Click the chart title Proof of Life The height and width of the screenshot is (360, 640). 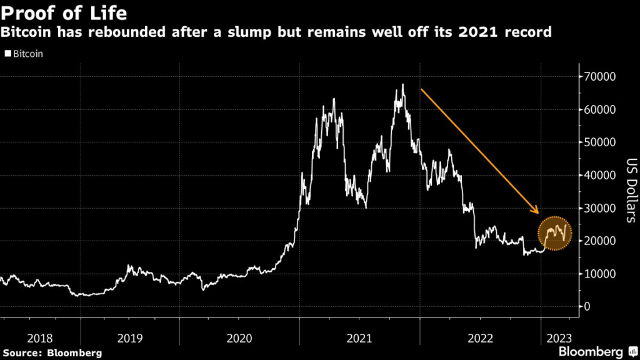point(66,13)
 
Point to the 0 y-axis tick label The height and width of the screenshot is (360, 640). point(587,307)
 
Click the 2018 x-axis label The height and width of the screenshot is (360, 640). point(41,338)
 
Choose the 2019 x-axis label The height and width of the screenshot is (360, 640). point(130,338)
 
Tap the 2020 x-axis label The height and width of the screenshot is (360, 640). point(239,338)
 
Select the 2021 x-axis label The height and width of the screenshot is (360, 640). point(359,338)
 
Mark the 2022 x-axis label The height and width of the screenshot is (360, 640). point(480,338)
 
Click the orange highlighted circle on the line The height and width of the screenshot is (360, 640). point(554,235)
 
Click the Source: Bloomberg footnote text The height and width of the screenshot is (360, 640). point(51,353)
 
